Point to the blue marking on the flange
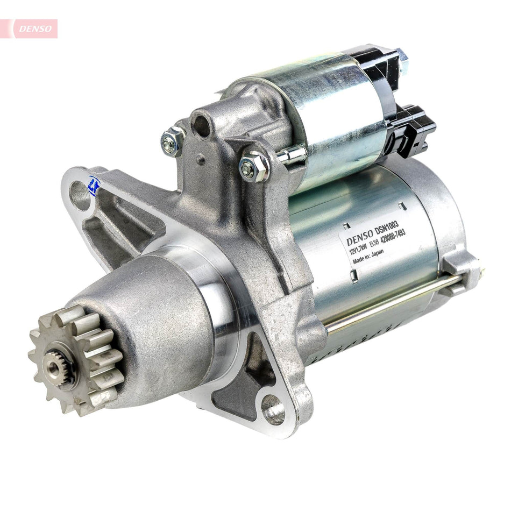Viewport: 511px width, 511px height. pyautogui.click(x=95, y=187)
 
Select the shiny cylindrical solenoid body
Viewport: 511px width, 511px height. pyautogui.click(x=328, y=113)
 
